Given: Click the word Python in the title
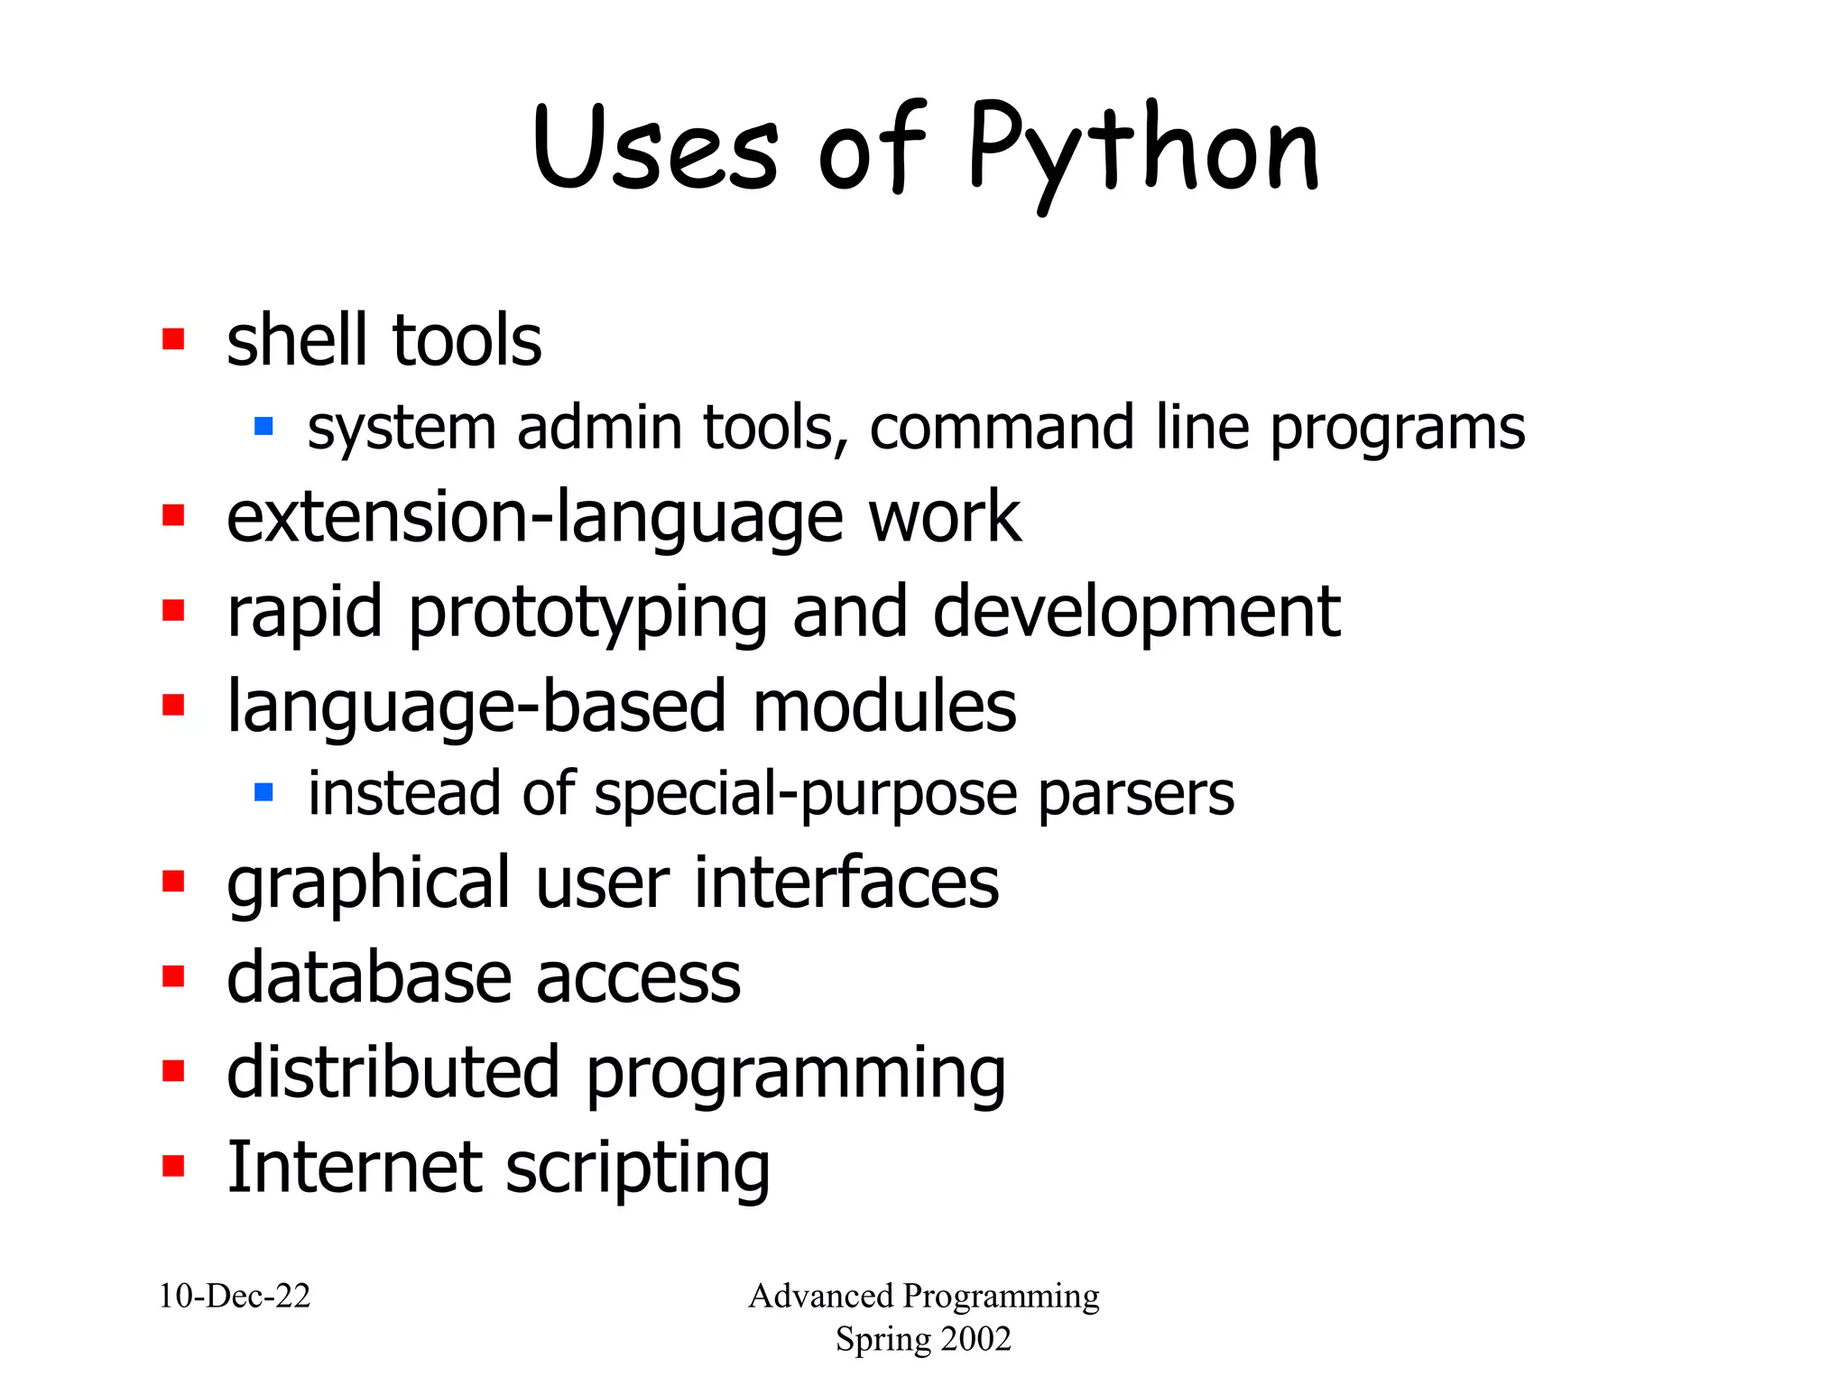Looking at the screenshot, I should tap(1144, 151).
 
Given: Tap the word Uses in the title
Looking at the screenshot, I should tap(655, 149).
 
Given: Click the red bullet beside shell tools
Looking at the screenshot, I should tap(173, 339).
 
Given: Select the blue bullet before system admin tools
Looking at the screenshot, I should tap(263, 426).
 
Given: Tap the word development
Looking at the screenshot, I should tap(1136, 613).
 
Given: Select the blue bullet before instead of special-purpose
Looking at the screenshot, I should tap(263, 792).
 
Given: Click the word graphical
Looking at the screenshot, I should tap(368, 884).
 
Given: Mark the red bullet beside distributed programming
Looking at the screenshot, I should tap(173, 1071).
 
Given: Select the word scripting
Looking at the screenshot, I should tap(637, 1170).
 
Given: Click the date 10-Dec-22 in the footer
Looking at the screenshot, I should tap(235, 1296).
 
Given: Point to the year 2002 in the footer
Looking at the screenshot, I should tap(972, 1339).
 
